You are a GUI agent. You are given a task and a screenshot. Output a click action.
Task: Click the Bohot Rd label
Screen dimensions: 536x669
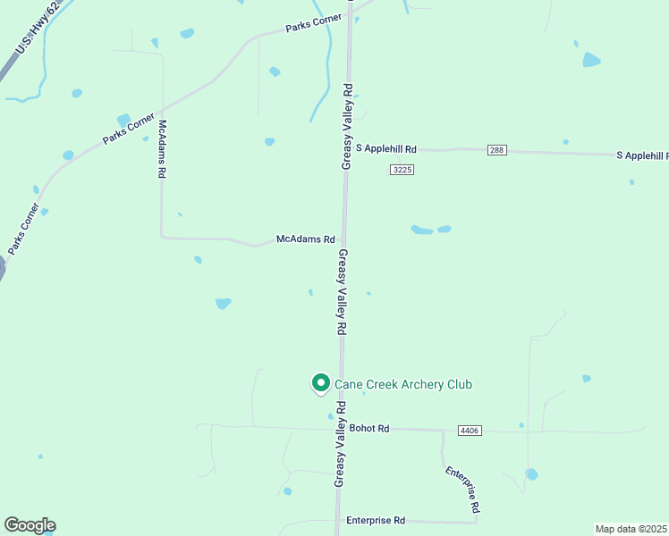tap(369, 429)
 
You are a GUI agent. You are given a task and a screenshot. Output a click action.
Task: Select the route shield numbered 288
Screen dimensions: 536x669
tap(497, 150)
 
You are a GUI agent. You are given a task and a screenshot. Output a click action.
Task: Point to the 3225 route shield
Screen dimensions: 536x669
tap(402, 170)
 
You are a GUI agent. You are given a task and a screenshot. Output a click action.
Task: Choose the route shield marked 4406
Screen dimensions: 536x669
tap(470, 431)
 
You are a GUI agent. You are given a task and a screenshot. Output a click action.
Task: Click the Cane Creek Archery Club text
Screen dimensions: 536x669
tap(402, 384)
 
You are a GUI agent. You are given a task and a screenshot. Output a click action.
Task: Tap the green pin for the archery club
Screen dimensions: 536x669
tap(319, 382)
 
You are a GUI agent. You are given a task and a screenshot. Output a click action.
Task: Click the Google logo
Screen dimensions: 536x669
tap(30, 525)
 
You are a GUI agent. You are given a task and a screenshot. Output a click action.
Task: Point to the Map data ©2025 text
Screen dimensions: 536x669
tap(631, 529)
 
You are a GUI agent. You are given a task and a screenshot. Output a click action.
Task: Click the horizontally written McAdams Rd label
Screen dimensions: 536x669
tap(305, 239)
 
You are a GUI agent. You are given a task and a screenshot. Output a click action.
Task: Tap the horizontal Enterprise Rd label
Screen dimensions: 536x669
tap(376, 521)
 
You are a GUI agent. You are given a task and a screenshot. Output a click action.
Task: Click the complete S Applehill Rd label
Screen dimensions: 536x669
tap(386, 149)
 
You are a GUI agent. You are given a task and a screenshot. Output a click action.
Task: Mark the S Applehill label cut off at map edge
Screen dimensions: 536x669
tap(642, 155)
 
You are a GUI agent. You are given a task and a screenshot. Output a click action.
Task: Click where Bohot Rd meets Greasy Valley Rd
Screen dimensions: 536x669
tap(341, 429)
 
